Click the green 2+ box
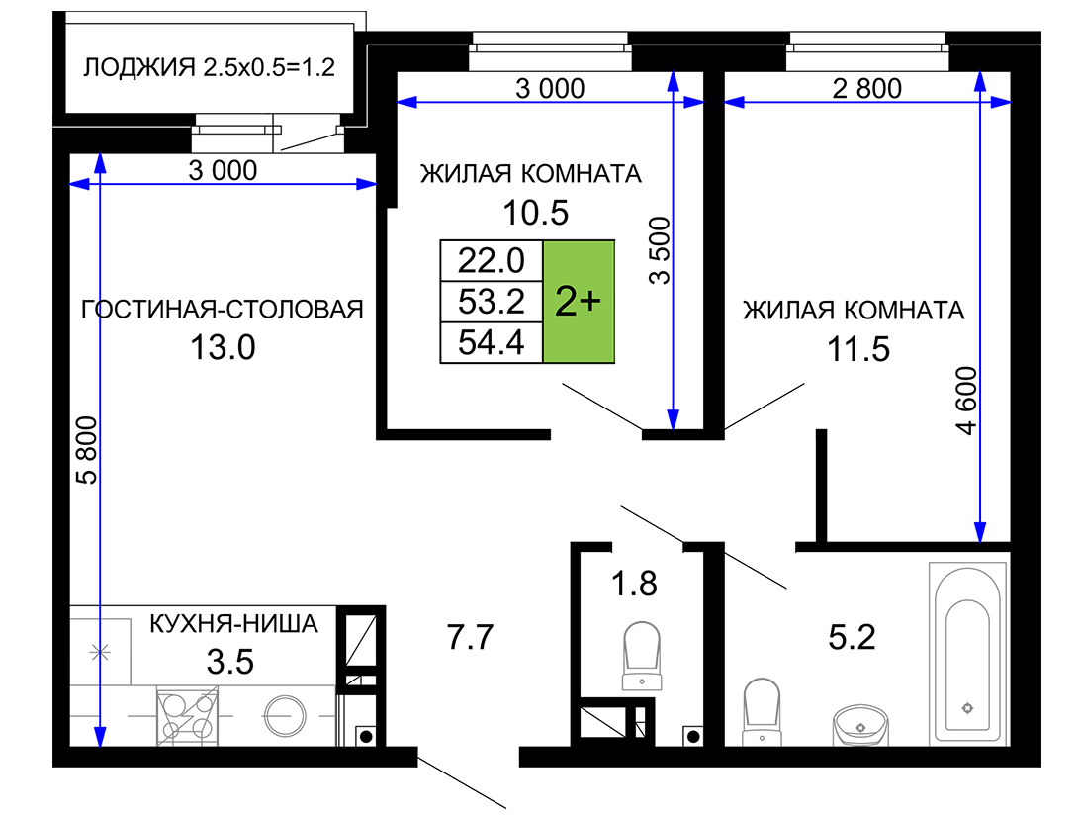click(579, 301)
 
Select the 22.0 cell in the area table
click(492, 260)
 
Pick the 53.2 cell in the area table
click(492, 301)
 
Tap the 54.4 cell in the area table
click(492, 342)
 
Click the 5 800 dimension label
click(87, 450)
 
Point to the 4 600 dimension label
click(967, 401)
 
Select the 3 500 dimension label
click(660, 250)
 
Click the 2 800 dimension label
click(866, 88)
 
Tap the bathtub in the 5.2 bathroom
click(967, 655)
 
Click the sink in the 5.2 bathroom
click(860, 725)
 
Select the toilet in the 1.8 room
click(642, 656)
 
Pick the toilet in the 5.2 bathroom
click(762, 711)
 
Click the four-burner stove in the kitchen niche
click(187, 716)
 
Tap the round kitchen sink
click(285, 716)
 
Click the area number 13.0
click(223, 347)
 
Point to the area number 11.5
click(858, 349)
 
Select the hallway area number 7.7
click(470, 637)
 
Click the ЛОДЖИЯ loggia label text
click(139, 67)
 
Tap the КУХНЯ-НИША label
click(234, 624)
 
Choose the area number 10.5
click(535, 213)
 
